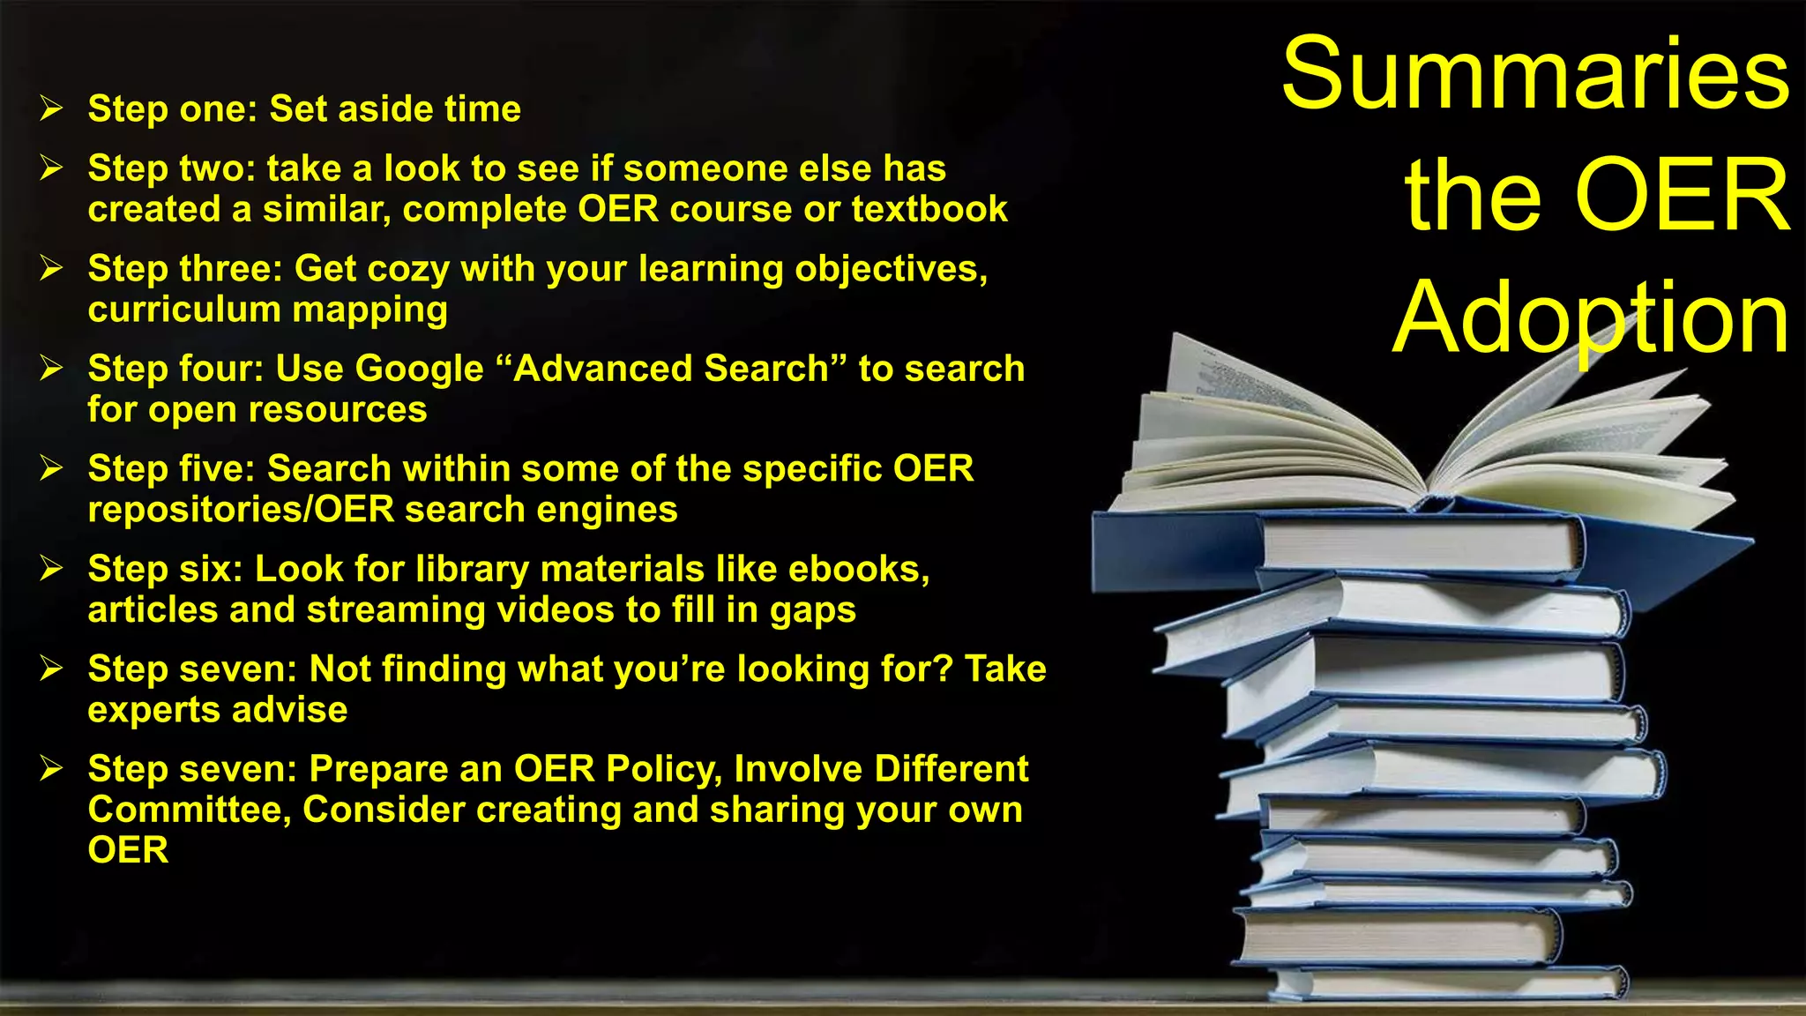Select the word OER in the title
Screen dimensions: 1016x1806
(x=1682, y=196)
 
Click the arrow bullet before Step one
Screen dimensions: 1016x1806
(x=51, y=108)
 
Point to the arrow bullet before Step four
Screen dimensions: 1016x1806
(x=51, y=368)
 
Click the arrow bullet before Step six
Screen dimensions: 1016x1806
(x=51, y=569)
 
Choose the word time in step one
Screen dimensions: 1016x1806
(x=482, y=109)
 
